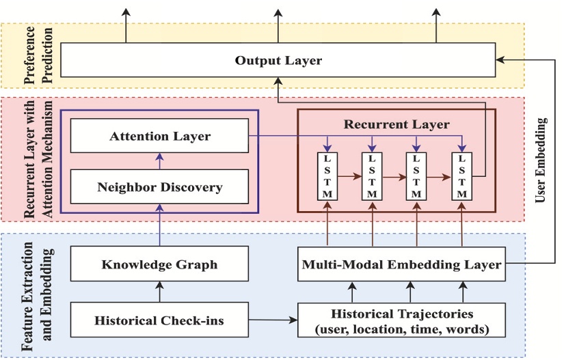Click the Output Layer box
point(278,60)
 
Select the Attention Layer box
point(160,136)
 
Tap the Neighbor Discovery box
point(160,186)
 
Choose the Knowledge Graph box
point(160,263)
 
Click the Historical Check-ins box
point(160,320)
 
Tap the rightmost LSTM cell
point(463,176)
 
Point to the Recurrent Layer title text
point(396,124)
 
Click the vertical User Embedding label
point(543,161)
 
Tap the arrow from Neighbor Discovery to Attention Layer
point(160,161)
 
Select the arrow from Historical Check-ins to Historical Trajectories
point(273,319)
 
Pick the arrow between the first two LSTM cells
point(348,176)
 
